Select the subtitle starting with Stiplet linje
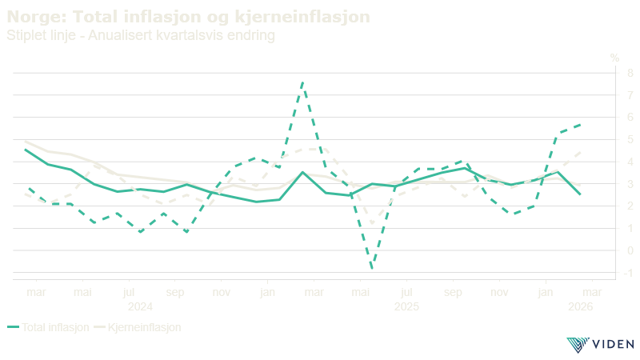[140, 36]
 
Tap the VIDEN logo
[599, 345]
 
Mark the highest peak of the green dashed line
[302, 82]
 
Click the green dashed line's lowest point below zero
[371, 267]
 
